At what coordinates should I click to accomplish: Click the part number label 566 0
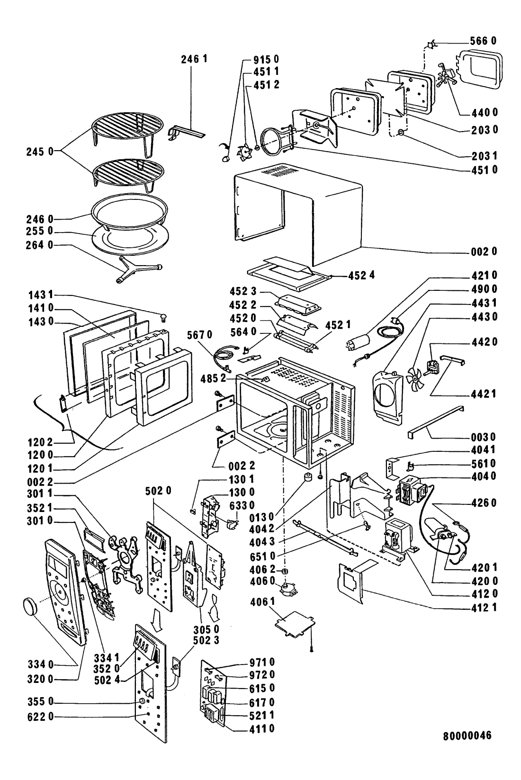pos(484,41)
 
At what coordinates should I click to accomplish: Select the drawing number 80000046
pos(467,749)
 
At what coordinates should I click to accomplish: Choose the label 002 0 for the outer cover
pos(484,251)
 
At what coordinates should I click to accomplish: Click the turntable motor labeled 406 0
pos(287,589)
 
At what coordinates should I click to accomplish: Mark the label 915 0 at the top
pos(261,60)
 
